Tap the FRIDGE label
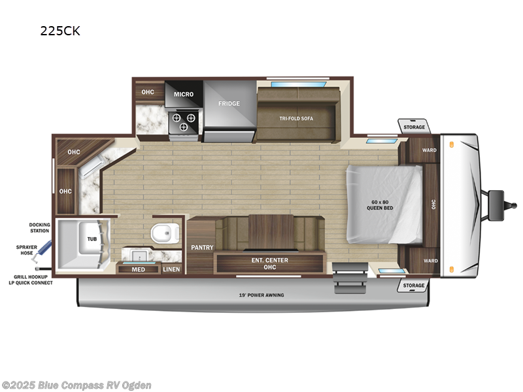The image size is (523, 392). click(229, 103)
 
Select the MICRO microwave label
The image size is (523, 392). click(184, 94)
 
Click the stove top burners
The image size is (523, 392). click(184, 122)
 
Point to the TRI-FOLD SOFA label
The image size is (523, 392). click(295, 118)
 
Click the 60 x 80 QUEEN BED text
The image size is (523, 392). click(379, 204)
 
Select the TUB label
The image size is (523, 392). click(92, 240)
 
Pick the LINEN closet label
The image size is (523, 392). click(171, 269)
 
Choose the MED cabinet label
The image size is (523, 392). click(138, 269)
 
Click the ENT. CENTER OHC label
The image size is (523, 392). click(270, 263)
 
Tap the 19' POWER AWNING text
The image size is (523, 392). click(261, 295)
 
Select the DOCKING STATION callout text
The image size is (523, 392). click(39, 227)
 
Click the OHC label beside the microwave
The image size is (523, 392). click(148, 92)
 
